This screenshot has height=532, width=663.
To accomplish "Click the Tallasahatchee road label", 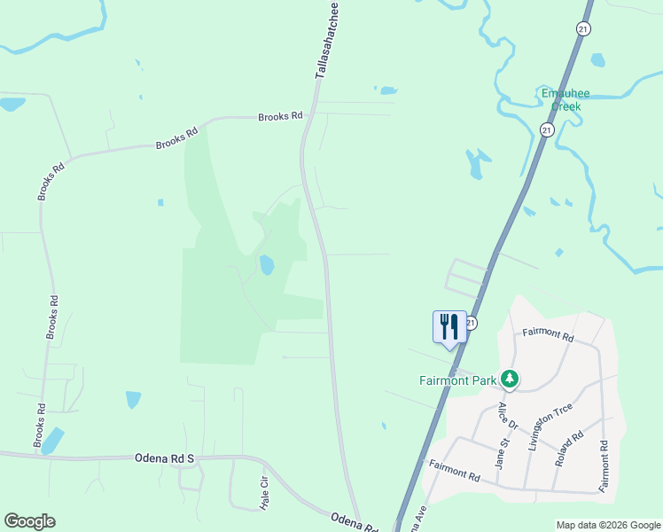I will point(326,41).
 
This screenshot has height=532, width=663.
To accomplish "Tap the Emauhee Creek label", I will point(565,99).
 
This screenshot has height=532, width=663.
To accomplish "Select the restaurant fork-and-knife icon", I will point(449,326).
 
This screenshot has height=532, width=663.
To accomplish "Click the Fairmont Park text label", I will point(458,380).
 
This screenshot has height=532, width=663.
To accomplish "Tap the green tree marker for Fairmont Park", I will point(510,379).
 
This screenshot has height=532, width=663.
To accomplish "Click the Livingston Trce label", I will point(550,427).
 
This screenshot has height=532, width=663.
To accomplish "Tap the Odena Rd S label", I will point(164,458).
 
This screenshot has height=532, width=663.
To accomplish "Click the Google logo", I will point(29,521).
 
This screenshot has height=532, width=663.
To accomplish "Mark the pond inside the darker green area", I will point(267,264).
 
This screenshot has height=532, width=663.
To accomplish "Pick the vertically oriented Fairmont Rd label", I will point(604,467).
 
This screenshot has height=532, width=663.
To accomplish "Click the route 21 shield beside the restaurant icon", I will point(471,323).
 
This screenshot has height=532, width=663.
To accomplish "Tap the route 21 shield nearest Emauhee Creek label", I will point(547,130).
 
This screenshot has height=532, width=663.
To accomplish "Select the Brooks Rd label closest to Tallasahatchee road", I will point(280,116).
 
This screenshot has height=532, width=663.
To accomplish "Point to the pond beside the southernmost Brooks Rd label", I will point(52,440).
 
